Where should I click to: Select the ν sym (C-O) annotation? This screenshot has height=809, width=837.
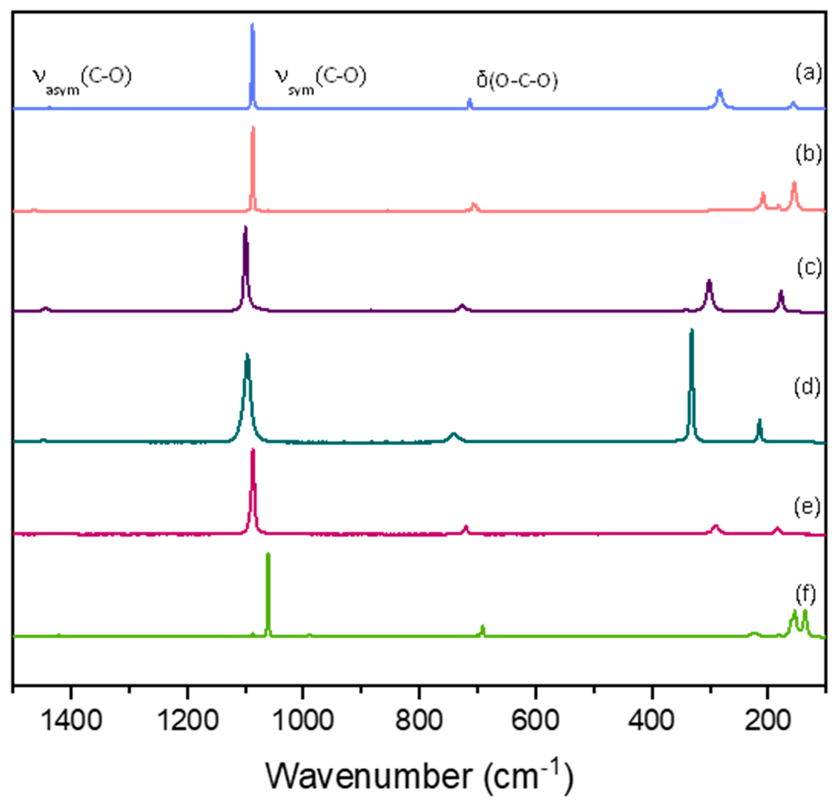[320, 79]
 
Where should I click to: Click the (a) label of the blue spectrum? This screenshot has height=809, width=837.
[808, 73]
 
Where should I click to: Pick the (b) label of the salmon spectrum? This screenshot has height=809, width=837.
[808, 155]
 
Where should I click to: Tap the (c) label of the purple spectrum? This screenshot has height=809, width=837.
[809, 268]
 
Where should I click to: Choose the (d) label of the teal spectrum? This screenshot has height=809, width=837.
[807, 387]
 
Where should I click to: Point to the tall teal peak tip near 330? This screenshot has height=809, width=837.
[692, 329]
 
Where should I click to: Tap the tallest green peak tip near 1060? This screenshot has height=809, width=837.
[268, 554]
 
